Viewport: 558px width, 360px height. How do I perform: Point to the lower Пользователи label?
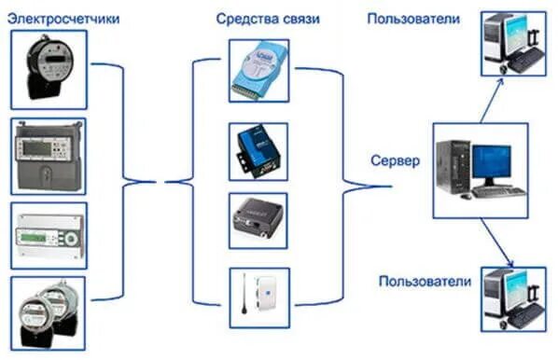(x=424, y=280)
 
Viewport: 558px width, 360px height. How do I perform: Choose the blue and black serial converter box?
(x=257, y=149)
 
